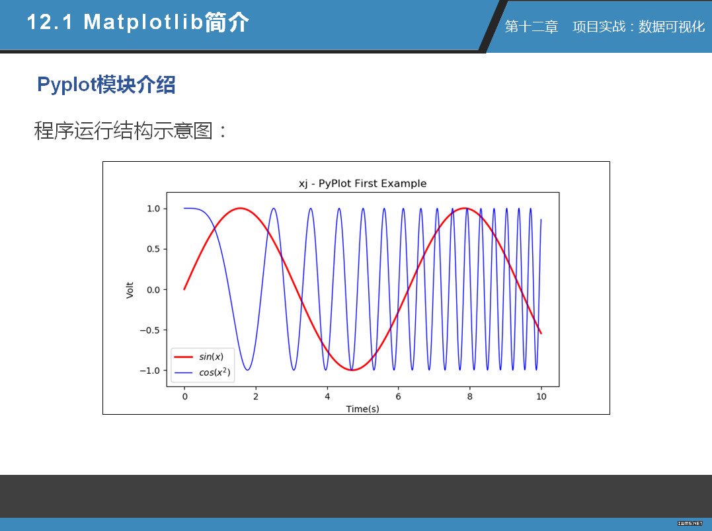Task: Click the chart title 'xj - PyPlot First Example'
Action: (x=362, y=184)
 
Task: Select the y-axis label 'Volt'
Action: (x=130, y=290)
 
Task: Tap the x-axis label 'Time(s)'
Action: (x=362, y=409)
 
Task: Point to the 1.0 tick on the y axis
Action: (x=153, y=209)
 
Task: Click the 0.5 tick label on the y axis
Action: (x=153, y=249)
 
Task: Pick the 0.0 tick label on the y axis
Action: (x=153, y=290)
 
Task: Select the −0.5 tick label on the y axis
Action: (x=150, y=330)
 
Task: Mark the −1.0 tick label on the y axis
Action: (x=150, y=371)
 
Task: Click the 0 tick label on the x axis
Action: (x=185, y=396)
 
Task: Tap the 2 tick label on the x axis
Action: (x=256, y=396)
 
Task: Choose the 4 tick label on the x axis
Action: (x=327, y=396)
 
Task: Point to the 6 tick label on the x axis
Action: (x=398, y=396)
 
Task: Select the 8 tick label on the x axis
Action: (x=470, y=396)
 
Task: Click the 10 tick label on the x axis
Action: (x=541, y=396)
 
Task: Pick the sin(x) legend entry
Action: (x=199, y=357)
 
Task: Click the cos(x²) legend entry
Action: (x=202, y=372)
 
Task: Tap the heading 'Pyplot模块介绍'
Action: (x=106, y=85)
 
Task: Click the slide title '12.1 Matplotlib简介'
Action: (x=138, y=22)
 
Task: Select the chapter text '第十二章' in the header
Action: (x=532, y=27)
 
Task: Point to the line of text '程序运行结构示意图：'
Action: (x=131, y=131)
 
